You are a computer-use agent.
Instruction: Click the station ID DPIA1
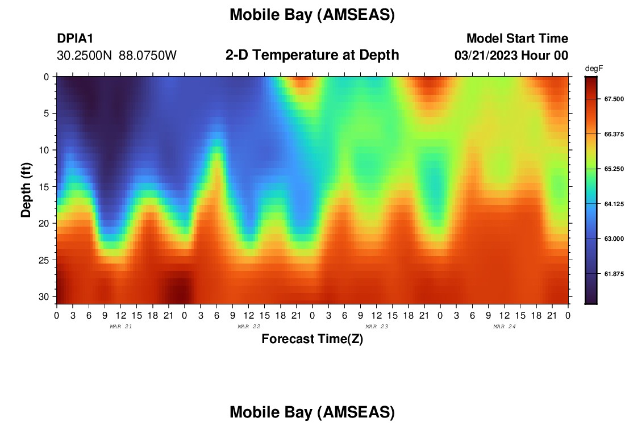(x=75, y=38)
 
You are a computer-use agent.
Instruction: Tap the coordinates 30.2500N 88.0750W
(x=116, y=56)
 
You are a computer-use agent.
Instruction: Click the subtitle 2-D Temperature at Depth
(x=312, y=55)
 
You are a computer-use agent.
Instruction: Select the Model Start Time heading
(x=517, y=38)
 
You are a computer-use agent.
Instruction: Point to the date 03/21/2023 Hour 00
(x=511, y=56)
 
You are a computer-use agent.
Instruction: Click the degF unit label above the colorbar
(x=594, y=69)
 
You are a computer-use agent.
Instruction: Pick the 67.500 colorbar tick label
(x=614, y=99)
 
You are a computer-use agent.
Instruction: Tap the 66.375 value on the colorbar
(x=614, y=134)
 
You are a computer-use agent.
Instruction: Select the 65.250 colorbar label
(x=614, y=169)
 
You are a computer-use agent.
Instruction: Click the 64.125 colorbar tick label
(x=614, y=204)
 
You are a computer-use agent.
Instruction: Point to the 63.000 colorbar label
(x=614, y=239)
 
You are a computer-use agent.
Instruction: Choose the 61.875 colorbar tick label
(x=614, y=274)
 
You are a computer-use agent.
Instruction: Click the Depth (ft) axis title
(x=26, y=190)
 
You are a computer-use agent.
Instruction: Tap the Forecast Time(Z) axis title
(x=312, y=339)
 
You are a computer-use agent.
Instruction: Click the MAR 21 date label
(x=121, y=327)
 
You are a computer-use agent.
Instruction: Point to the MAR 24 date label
(x=504, y=327)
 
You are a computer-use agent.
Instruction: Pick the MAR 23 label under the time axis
(x=377, y=327)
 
